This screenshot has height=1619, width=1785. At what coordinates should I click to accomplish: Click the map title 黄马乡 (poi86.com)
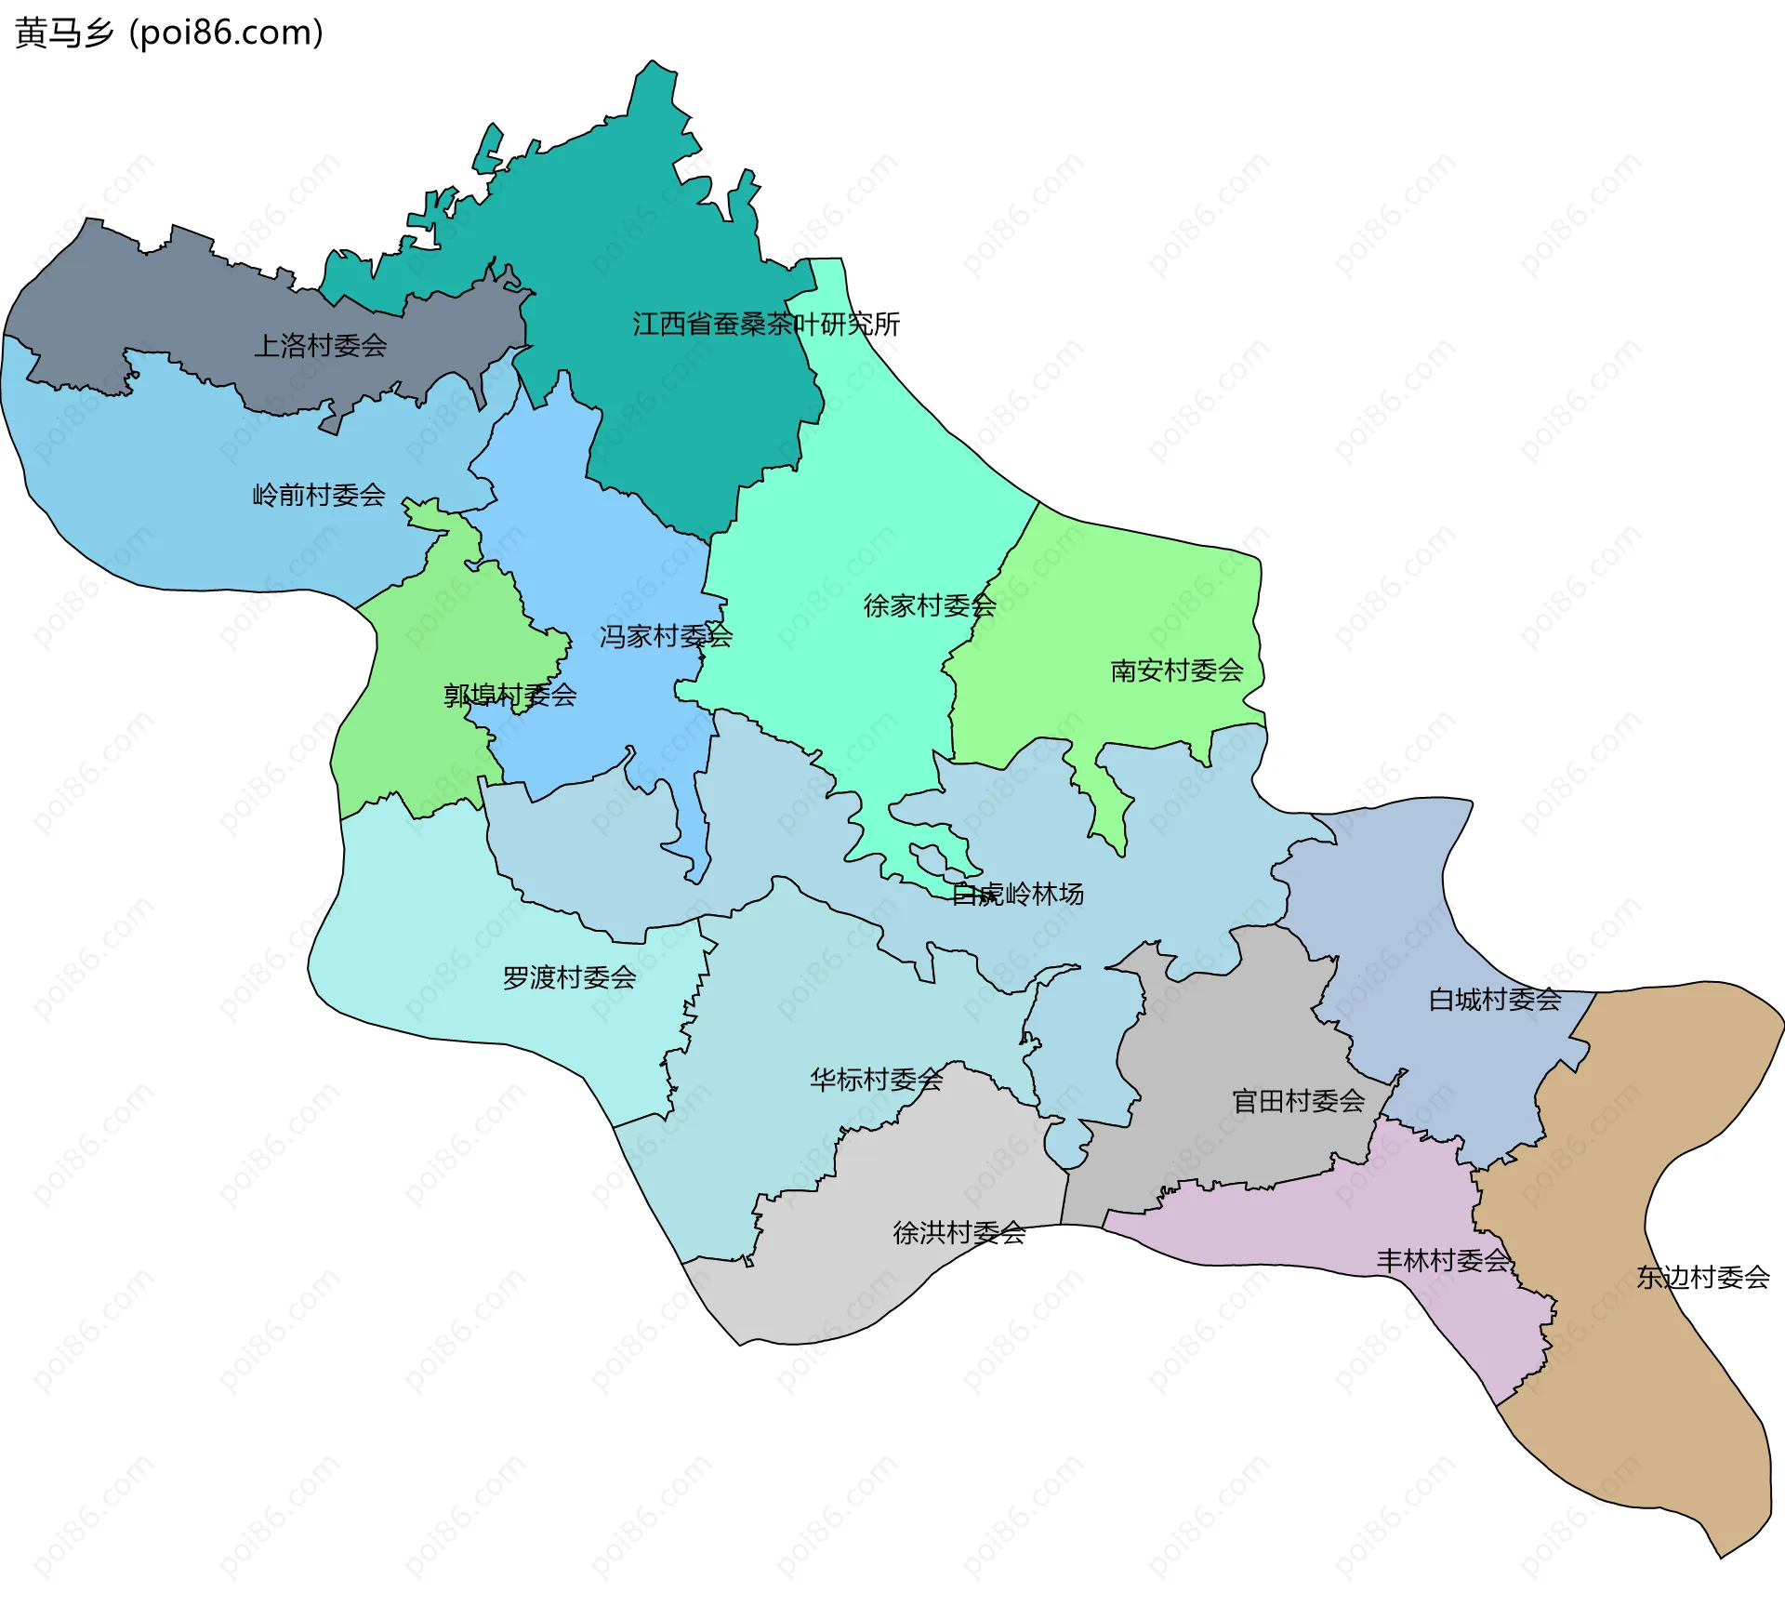point(169,33)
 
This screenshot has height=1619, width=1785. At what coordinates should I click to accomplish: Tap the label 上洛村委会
point(320,346)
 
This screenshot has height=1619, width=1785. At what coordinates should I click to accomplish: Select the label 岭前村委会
point(319,495)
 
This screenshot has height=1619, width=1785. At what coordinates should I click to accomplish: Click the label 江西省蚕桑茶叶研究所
point(766,325)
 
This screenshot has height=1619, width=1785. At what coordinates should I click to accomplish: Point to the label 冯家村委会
point(666,637)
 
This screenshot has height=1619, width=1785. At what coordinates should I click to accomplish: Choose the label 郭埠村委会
point(509,696)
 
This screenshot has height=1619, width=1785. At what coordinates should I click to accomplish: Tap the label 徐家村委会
point(930,606)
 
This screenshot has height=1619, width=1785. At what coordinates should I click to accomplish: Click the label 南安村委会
point(1177,670)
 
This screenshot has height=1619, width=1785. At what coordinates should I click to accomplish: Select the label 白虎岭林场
point(1018,895)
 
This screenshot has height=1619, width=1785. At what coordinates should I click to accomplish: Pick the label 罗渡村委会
point(569,978)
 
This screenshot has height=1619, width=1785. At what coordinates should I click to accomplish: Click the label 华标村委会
point(876,1080)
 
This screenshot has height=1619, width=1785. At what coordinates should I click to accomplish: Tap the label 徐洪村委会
point(959,1233)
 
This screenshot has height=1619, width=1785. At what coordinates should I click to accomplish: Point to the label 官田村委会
point(1298,1102)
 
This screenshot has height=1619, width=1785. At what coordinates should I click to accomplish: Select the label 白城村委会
point(1495,1000)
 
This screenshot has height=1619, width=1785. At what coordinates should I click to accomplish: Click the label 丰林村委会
point(1443,1261)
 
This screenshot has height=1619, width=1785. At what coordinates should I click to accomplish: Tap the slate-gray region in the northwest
point(186,298)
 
